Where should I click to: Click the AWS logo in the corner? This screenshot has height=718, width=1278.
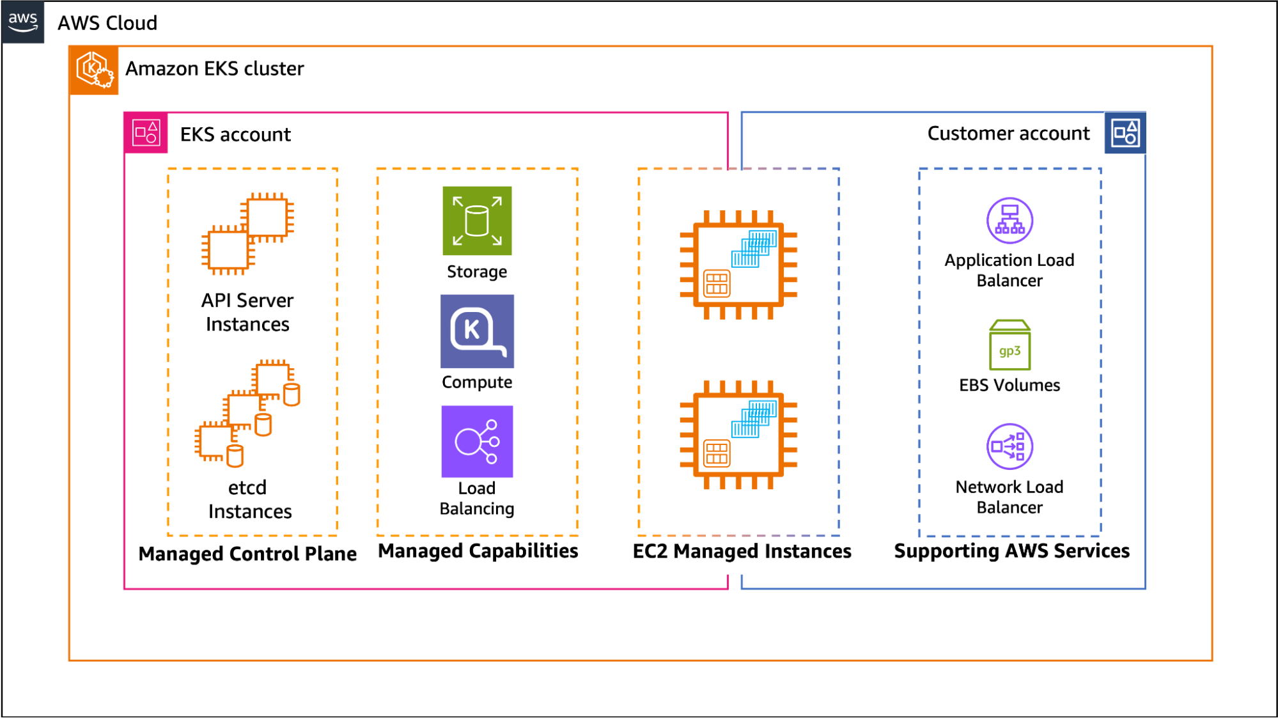pyautogui.click(x=23, y=22)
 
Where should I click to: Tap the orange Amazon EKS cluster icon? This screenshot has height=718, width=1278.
pyautogui.click(x=93, y=70)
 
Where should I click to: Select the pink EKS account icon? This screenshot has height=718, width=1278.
pyautogui.click(x=146, y=133)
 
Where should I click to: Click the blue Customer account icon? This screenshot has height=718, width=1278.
pyautogui.click(x=1125, y=133)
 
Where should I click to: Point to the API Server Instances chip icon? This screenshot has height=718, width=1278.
pyautogui.click(x=247, y=233)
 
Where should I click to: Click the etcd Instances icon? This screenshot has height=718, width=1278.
pyautogui.click(x=247, y=412)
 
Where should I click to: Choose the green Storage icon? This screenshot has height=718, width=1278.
pyautogui.click(x=477, y=221)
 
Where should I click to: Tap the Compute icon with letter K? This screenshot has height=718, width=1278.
pyautogui.click(x=477, y=331)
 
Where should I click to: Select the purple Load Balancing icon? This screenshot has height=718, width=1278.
pyautogui.click(x=477, y=442)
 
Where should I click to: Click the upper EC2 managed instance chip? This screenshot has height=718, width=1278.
pyautogui.click(x=738, y=265)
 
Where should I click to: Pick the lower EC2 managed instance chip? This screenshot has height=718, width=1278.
pyautogui.click(x=738, y=435)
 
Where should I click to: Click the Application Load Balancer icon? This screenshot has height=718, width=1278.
pyautogui.click(x=1009, y=221)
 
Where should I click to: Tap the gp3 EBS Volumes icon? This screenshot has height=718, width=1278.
pyautogui.click(x=1009, y=345)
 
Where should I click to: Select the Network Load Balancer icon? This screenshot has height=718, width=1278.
pyautogui.click(x=1009, y=446)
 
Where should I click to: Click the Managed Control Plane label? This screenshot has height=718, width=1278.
pyautogui.click(x=247, y=554)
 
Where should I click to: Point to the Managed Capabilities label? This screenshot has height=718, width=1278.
pyautogui.click(x=478, y=551)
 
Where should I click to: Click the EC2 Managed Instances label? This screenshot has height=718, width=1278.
pyautogui.click(x=742, y=551)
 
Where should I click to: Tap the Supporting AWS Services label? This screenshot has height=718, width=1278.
pyautogui.click(x=1011, y=551)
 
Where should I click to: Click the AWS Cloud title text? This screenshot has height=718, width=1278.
pyautogui.click(x=107, y=23)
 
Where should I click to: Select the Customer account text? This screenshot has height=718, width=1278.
pyautogui.click(x=1008, y=133)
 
